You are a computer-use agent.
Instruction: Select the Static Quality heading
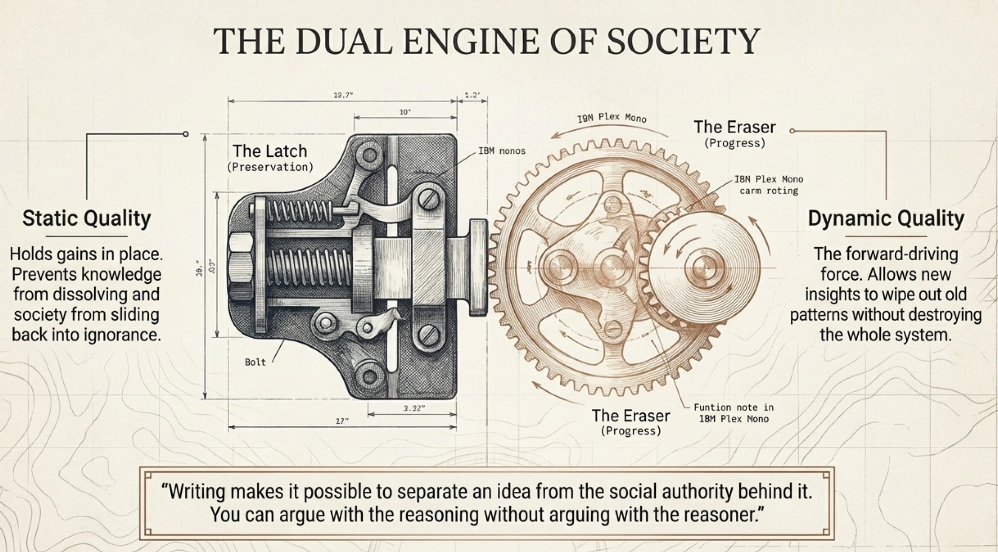coord(87,218)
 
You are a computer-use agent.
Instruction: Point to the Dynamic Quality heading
coord(885,218)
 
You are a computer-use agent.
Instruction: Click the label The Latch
coord(270,151)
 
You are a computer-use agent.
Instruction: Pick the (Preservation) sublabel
coord(270,167)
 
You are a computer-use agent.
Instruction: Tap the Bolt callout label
coord(255,362)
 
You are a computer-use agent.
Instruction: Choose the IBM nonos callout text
coord(502,151)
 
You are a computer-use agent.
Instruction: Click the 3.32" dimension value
coord(414,408)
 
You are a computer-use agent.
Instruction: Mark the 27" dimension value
coord(342,421)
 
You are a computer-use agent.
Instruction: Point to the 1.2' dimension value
coord(472,95)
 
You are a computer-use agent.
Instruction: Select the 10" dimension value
coord(405,112)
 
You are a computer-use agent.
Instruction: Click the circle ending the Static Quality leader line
coord(186,134)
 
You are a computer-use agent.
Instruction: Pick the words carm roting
coord(769,191)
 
